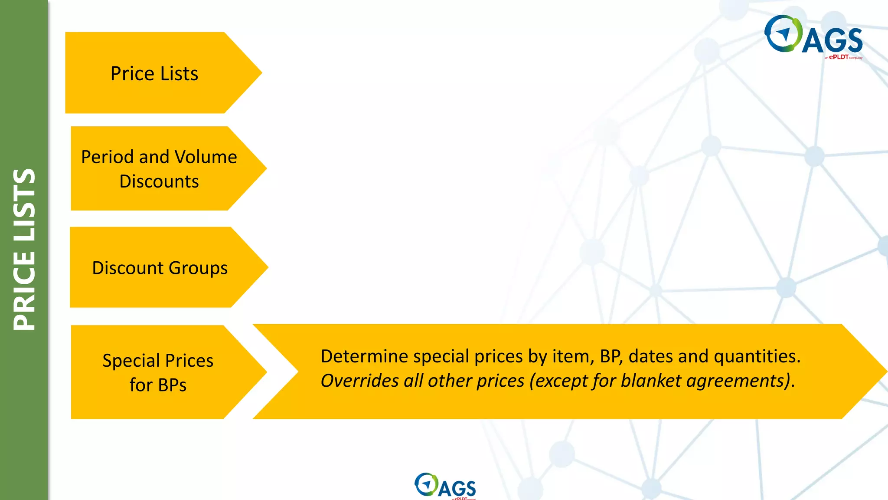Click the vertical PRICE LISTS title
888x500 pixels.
tap(24, 250)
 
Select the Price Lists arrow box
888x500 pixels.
tap(154, 73)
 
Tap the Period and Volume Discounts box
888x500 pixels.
tap(159, 168)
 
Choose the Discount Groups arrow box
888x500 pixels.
tap(160, 267)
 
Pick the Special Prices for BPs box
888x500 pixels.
tap(158, 372)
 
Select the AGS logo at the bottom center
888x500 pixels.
tap(445, 486)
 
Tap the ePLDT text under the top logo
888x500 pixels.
tap(839, 57)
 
